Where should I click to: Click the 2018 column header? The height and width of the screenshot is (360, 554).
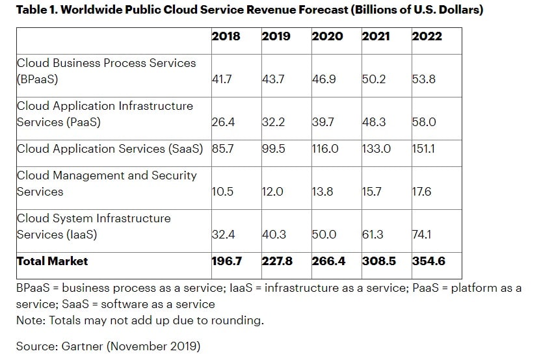point(226,36)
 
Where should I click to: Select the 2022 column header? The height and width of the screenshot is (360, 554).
point(427,36)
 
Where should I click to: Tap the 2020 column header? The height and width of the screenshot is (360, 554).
point(327,36)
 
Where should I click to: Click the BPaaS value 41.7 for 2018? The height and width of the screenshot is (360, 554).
point(223,80)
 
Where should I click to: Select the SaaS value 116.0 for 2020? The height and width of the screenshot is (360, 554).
point(325,149)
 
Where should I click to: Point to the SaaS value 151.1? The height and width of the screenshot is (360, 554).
point(424,149)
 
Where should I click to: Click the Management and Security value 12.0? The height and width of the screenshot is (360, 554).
point(273,192)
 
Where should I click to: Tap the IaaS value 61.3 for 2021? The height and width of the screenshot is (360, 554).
point(374,235)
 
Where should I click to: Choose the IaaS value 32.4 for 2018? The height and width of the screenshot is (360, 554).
point(224,235)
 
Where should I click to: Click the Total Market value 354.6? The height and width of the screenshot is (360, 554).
point(429,261)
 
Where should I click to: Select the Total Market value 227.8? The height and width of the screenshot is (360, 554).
point(277,261)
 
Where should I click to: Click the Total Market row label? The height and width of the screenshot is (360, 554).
point(52,261)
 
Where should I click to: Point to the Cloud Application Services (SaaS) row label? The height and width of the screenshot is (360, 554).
point(110,149)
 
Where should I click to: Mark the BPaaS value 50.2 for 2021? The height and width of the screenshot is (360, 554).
point(374,80)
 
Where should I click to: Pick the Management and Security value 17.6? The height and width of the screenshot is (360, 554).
point(422,192)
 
